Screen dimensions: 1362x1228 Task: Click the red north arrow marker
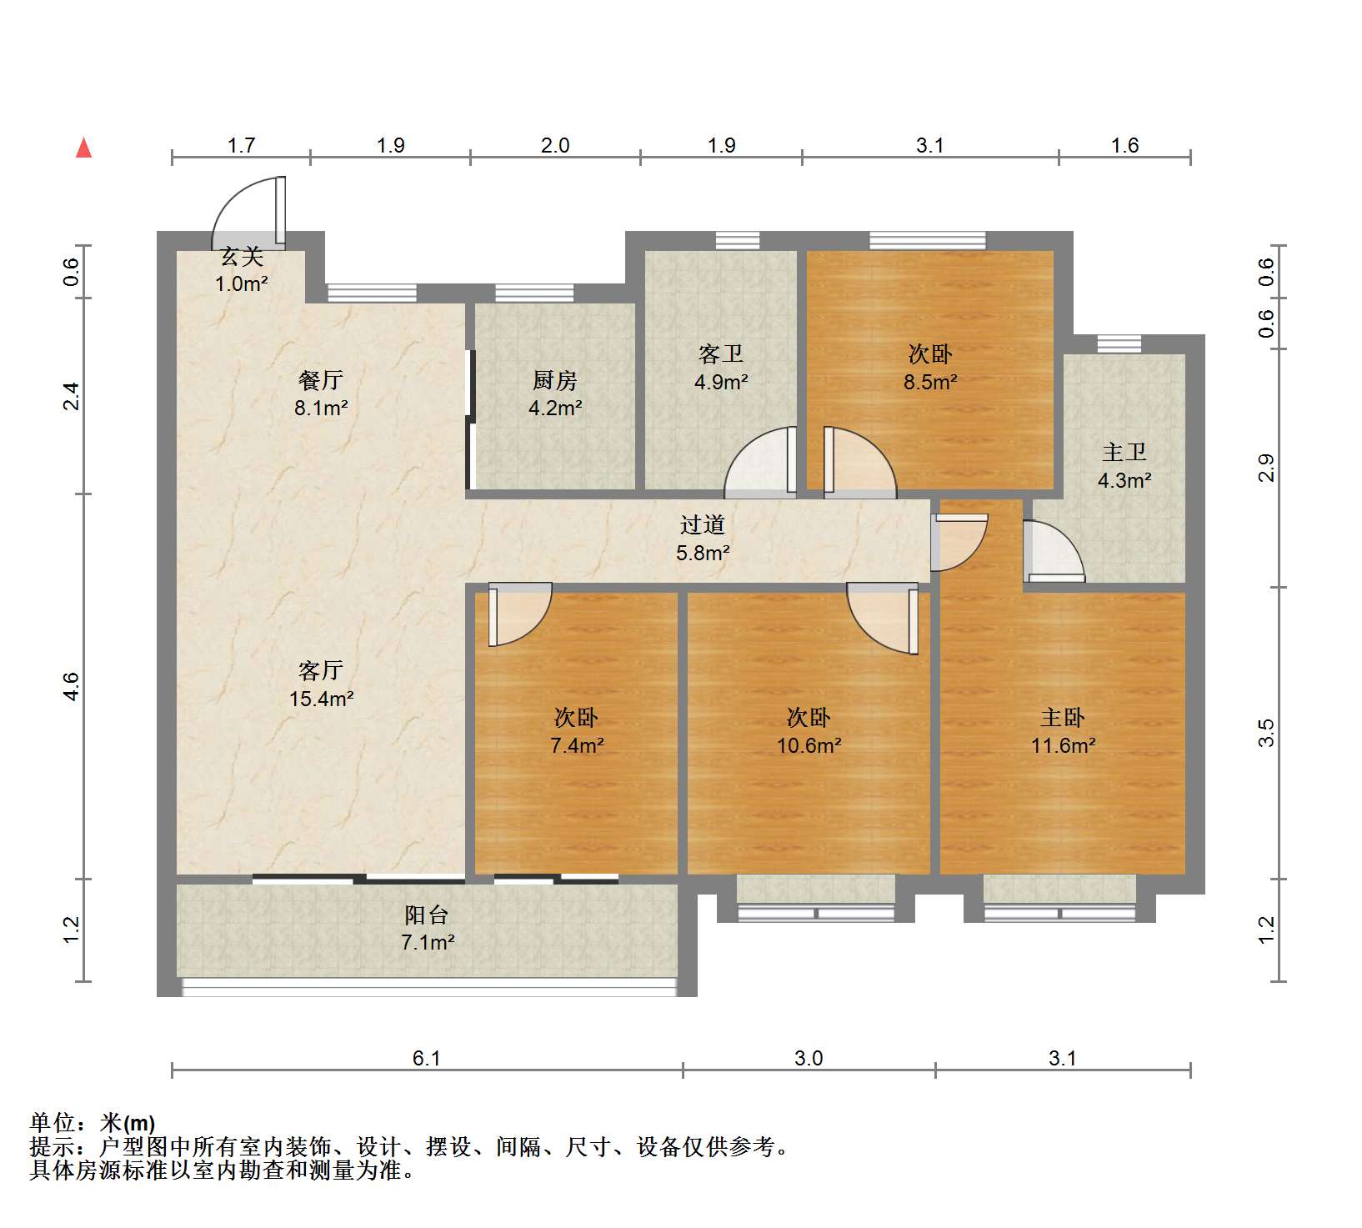click(x=83, y=148)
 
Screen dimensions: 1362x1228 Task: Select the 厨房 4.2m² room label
click(x=555, y=394)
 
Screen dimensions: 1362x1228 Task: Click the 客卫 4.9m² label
click(x=721, y=368)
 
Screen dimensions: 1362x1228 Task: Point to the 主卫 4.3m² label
click(x=1124, y=466)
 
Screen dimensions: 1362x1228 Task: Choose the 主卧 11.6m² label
click(x=1063, y=731)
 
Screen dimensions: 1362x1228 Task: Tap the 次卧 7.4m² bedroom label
click(x=577, y=731)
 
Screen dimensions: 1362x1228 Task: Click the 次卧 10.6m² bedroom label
click(x=809, y=731)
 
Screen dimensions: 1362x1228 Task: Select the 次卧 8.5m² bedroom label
click(x=930, y=368)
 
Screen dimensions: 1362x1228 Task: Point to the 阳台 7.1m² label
click(x=427, y=929)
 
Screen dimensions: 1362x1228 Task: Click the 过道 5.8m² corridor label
click(x=703, y=539)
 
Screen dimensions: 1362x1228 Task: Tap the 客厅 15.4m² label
click(x=321, y=684)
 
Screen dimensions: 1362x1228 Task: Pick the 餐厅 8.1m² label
click(x=321, y=394)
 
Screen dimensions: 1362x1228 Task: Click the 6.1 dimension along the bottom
click(x=426, y=1058)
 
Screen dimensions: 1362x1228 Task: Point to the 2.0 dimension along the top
click(x=555, y=145)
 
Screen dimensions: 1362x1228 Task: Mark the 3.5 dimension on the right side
click(x=1266, y=733)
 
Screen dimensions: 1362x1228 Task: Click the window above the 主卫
click(x=1119, y=343)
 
